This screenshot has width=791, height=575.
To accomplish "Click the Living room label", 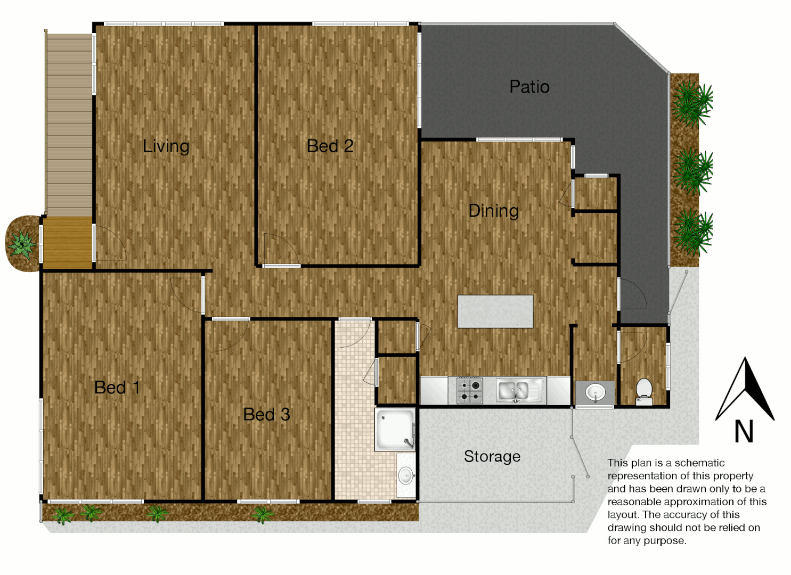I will pyautogui.click(x=166, y=146).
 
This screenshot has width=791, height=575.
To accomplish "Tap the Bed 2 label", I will pyautogui.click(x=330, y=146).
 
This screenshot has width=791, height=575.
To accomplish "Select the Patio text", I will pyautogui.click(x=529, y=87).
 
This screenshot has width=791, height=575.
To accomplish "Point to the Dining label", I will pyautogui.click(x=493, y=211).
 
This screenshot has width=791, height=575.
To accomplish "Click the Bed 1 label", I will pyautogui.click(x=117, y=388).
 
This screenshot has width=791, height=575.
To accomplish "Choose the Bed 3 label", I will pyautogui.click(x=266, y=414).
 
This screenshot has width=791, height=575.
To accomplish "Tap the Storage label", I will pyautogui.click(x=492, y=456).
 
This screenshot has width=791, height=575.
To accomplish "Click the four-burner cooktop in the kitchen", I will pyautogui.click(x=470, y=390).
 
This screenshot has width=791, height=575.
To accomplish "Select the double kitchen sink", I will pyautogui.click(x=515, y=390).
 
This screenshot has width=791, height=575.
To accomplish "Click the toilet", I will pyautogui.click(x=644, y=392).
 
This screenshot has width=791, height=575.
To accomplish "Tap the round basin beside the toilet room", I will pyautogui.click(x=595, y=393).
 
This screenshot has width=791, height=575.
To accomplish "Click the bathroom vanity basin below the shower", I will pyautogui.click(x=406, y=475).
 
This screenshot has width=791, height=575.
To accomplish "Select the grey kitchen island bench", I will pyautogui.click(x=495, y=311).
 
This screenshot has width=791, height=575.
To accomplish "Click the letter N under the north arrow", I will pyautogui.click(x=744, y=431).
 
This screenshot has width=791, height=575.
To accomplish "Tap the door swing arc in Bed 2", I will pyautogui.click(x=280, y=248).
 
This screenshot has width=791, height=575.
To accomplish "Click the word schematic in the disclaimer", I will pyautogui.click(x=699, y=463).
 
